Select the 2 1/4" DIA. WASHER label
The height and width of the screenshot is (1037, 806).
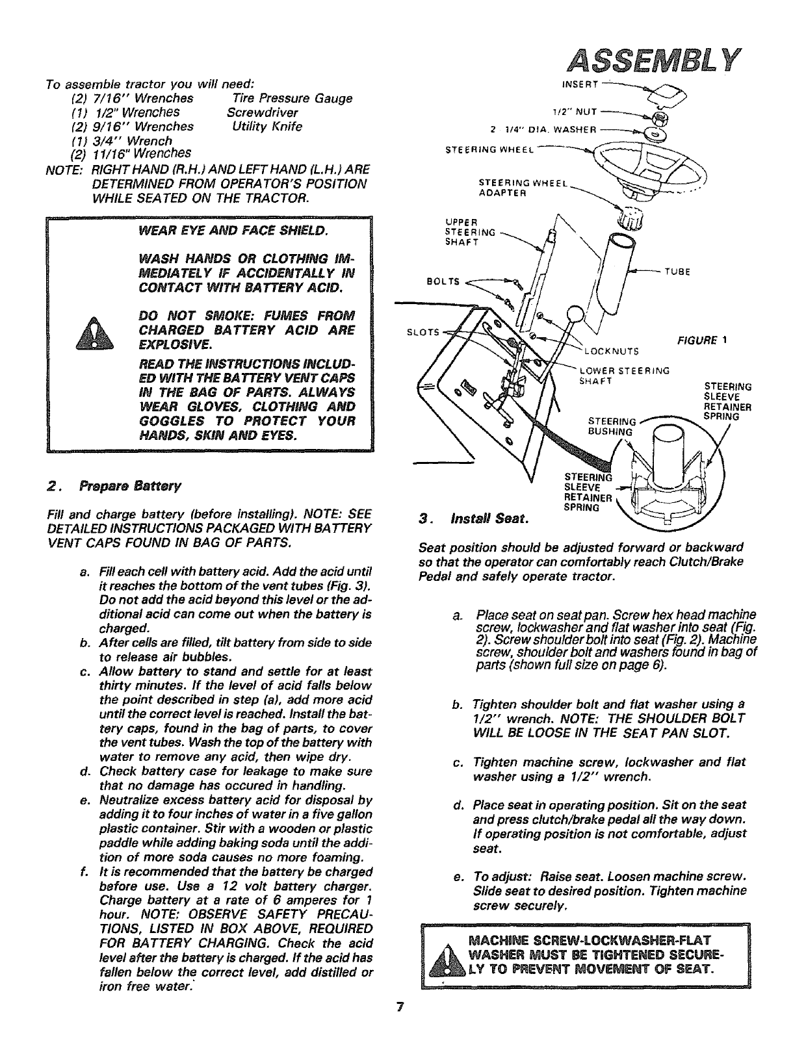(x=545, y=127)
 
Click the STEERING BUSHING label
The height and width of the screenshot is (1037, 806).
(x=609, y=426)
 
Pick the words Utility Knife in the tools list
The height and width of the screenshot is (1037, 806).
(x=267, y=127)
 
